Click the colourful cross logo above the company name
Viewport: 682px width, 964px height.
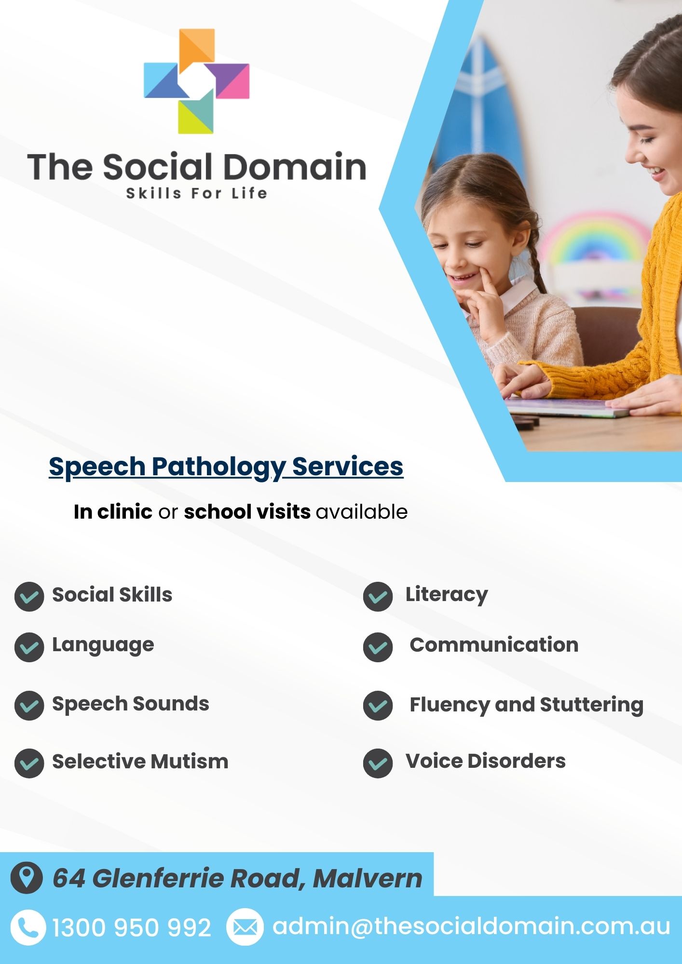196,81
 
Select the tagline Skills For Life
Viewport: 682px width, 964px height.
196,193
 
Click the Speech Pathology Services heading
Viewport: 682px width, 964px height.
226,467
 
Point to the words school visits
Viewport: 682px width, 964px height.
247,511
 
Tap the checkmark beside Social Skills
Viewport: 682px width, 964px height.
29,596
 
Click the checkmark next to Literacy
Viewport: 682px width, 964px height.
378,596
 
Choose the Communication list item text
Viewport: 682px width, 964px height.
494,644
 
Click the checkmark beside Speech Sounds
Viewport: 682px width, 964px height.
29,705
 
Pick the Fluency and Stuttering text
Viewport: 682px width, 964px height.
527,705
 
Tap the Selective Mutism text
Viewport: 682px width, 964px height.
140,762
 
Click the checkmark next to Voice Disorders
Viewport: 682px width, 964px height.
378,763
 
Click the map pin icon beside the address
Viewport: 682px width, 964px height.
27,878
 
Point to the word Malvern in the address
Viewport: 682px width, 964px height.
368,878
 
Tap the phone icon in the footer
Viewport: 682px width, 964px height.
28,927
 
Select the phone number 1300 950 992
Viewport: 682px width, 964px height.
132,928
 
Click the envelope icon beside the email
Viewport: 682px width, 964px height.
245,927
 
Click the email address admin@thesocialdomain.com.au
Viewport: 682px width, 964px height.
471,926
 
